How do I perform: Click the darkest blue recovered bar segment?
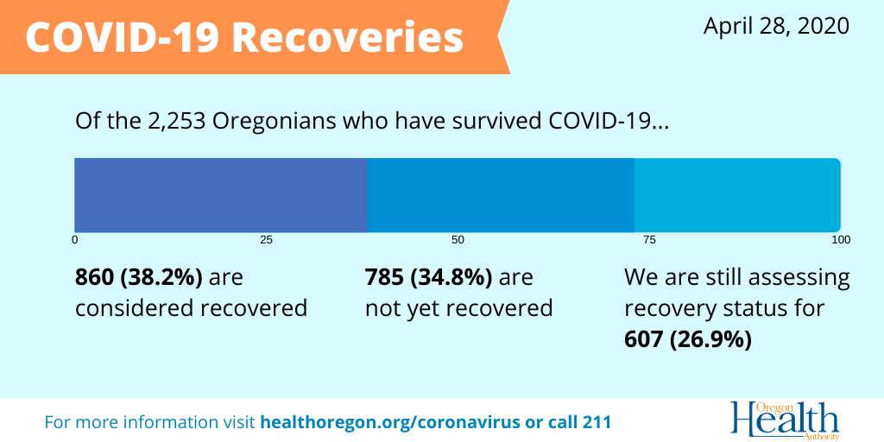pos(221,195)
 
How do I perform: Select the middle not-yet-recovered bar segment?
pos(502,195)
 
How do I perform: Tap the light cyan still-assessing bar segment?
pos(738,195)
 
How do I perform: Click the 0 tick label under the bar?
pos(74,241)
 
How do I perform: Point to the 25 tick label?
pos(266,241)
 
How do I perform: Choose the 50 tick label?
pos(458,241)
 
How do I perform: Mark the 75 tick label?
pos(649,241)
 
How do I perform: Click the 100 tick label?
pos(841,241)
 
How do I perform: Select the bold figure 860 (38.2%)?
pos(139,278)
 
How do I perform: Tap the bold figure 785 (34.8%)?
pos(428,278)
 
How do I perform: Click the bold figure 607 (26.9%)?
pos(688,340)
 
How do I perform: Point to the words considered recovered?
pos(191,308)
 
